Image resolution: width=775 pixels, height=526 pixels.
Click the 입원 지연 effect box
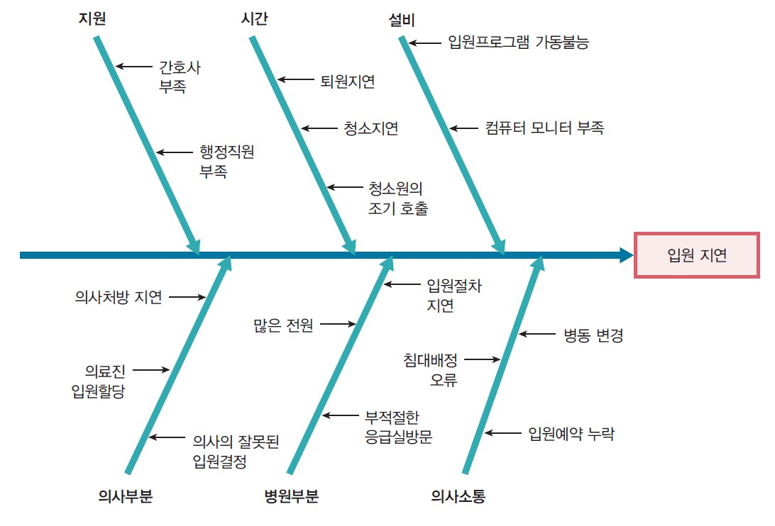[696, 255]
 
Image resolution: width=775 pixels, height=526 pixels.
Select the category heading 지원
[92, 18]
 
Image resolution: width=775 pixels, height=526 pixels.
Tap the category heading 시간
[255, 18]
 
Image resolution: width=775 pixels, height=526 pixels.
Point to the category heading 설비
[402, 21]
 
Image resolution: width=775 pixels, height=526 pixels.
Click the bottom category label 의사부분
[125, 496]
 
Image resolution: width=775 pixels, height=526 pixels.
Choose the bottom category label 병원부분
[291, 496]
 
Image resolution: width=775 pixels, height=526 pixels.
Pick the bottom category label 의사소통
[458, 496]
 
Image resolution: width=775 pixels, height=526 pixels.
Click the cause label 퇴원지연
[348, 81]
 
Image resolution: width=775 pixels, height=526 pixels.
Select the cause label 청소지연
[371, 128]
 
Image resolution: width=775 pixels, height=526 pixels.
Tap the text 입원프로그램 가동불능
[519, 42]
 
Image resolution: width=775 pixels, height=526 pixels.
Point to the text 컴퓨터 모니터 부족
[544, 128]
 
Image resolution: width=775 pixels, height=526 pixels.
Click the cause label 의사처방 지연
[119, 297]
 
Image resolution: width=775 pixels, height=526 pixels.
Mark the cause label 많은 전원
[283, 325]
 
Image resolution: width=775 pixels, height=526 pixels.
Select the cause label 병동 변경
[593, 335]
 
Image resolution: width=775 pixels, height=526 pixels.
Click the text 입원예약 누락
[571, 434]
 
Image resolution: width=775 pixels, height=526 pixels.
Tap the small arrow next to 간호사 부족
[134, 66]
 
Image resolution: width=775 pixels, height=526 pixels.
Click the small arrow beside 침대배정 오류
[483, 359]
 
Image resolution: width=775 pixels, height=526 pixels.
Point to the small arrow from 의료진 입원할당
[151, 369]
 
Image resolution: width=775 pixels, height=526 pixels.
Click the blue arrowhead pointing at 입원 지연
[626, 255]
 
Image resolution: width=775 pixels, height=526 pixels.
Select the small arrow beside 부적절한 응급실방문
[341, 415]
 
